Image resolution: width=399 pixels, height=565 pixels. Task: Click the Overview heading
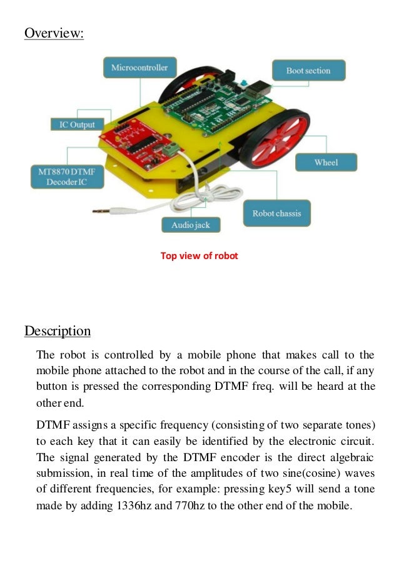(x=54, y=33)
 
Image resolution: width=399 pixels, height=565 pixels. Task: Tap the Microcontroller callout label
(x=139, y=67)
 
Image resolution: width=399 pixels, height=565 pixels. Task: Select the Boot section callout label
(x=308, y=71)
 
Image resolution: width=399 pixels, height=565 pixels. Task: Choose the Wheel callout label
(x=326, y=163)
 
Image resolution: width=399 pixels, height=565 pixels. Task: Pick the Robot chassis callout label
(x=276, y=213)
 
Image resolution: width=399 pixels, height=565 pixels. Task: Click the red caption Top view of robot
(x=199, y=255)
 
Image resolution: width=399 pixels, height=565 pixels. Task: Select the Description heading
(x=58, y=331)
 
